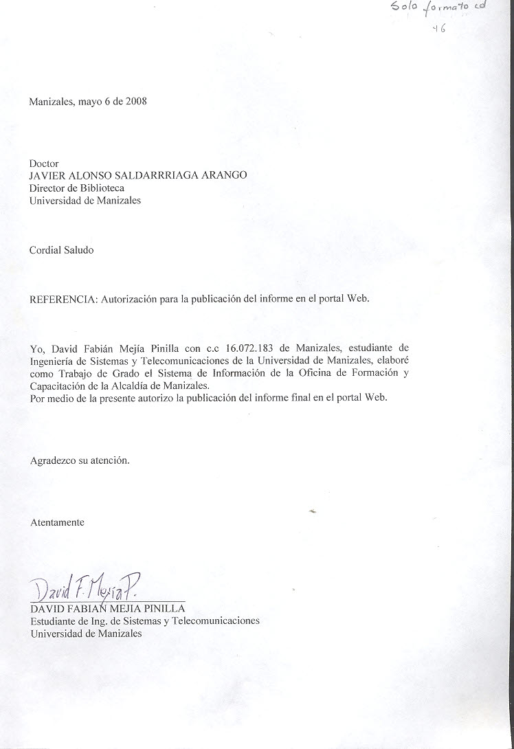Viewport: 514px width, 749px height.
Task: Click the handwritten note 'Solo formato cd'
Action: click(437, 9)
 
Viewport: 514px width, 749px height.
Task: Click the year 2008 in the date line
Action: click(135, 101)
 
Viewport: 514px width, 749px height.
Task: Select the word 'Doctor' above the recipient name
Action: click(44, 164)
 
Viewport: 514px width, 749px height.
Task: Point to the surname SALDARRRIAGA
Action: click(159, 175)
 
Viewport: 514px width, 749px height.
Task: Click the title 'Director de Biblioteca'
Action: click(77, 187)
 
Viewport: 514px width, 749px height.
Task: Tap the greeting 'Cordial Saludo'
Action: click(61, 250)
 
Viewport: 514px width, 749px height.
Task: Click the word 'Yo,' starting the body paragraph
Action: click(37, 349)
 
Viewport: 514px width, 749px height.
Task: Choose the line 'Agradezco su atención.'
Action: click(80, 460)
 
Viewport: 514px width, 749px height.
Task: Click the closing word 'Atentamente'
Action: click(57, 522)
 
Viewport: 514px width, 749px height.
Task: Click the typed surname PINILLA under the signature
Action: click(161, 608)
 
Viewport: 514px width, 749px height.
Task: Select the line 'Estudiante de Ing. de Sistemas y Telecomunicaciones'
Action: click(145, 621)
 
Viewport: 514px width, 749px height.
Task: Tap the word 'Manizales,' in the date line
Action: click(52, 101)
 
